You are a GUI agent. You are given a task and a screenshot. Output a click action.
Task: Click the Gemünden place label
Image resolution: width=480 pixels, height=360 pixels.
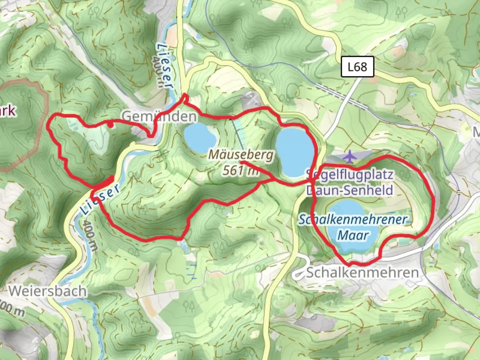(x=159, y=116)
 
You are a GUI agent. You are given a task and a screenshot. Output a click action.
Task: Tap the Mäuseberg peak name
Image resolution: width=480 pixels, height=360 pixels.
(x=241, y=155)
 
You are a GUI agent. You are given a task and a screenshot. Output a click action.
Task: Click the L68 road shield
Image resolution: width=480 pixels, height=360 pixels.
(x=357, y=67)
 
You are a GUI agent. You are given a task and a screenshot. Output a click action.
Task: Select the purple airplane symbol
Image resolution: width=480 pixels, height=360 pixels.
(x=350, y=156)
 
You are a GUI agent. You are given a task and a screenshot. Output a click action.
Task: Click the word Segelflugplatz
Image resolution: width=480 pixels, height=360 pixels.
(x=350, y=174)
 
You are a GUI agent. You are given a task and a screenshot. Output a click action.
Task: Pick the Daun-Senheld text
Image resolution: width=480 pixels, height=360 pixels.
(x=350, y=190)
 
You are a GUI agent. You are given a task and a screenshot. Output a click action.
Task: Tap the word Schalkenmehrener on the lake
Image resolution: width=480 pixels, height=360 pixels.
(x=353, y=220)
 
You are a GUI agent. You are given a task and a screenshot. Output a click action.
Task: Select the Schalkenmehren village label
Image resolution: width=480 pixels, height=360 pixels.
(x=362, y=272)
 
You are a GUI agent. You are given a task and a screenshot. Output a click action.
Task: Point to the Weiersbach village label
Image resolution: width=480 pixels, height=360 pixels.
(x=47, y=291)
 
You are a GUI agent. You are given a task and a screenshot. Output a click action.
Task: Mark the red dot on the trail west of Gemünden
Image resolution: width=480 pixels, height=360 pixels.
(x=110, y=125)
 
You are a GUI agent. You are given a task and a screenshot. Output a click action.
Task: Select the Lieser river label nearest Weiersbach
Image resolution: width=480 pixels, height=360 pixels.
(x=100, y=199)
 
